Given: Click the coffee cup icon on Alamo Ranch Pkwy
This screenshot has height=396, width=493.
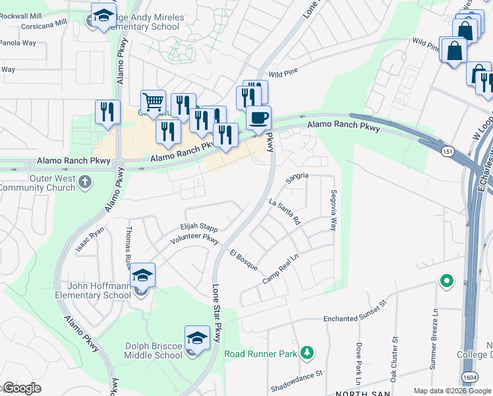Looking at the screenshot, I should point(258,118).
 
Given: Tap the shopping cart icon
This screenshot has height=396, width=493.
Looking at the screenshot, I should point(153,102).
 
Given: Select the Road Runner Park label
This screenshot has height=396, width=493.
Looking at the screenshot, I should point(260,354).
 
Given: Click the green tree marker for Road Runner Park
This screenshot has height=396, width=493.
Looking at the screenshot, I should point(306,354).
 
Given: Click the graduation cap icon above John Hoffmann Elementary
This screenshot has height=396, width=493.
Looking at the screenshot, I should point(142,275).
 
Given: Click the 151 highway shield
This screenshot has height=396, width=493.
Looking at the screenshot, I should point(446,152).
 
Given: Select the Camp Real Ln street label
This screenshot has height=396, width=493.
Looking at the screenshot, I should point(281,271).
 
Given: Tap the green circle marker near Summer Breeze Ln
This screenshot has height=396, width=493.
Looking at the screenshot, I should point(447,281).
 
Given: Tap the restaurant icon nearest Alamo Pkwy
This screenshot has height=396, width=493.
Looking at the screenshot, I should point(107,112).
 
